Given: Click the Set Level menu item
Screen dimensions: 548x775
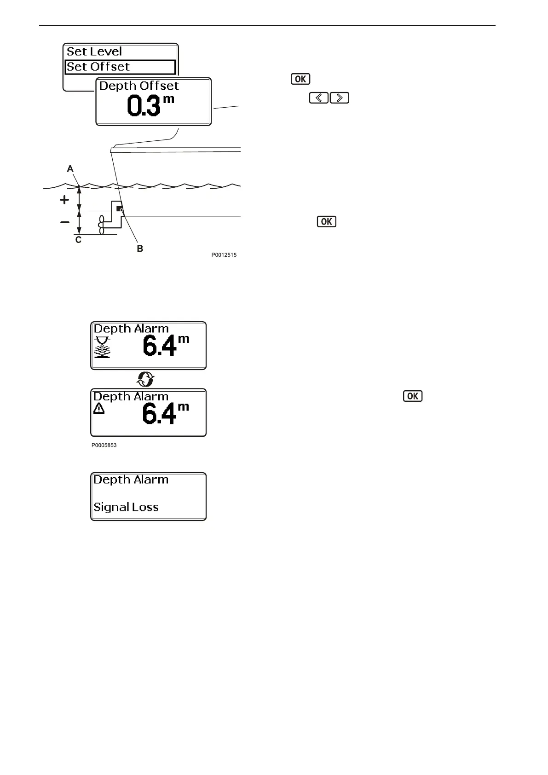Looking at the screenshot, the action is (94, 52).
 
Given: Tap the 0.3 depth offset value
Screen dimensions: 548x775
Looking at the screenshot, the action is (144, 106).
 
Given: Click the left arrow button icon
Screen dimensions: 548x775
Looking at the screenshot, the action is (318, 98).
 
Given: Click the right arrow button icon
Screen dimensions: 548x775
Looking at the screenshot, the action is (340, 98).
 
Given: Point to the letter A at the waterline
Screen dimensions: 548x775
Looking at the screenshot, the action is (70, 169).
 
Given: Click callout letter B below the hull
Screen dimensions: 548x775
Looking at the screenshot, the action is (140, 249).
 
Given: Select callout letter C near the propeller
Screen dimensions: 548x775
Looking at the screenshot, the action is (78, 240).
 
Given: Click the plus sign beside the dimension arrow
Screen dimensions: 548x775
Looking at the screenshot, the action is (65, 200).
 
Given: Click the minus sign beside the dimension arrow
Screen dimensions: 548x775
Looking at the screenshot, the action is (65, 222).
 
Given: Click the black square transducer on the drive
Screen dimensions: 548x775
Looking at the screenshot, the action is (120, 209).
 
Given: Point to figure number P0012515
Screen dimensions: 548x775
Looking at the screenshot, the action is (224, 255).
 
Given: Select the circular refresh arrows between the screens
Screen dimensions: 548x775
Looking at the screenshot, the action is (146, 379).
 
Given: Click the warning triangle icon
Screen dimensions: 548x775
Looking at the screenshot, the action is (99, 408).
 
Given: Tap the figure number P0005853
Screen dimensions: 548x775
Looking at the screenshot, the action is (104, 445).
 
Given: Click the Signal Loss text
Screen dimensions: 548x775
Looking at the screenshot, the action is (126, 507).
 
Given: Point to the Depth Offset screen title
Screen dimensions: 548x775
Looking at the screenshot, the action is (139, 86).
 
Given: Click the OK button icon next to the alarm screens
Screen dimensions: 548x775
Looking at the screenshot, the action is (412, 396).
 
